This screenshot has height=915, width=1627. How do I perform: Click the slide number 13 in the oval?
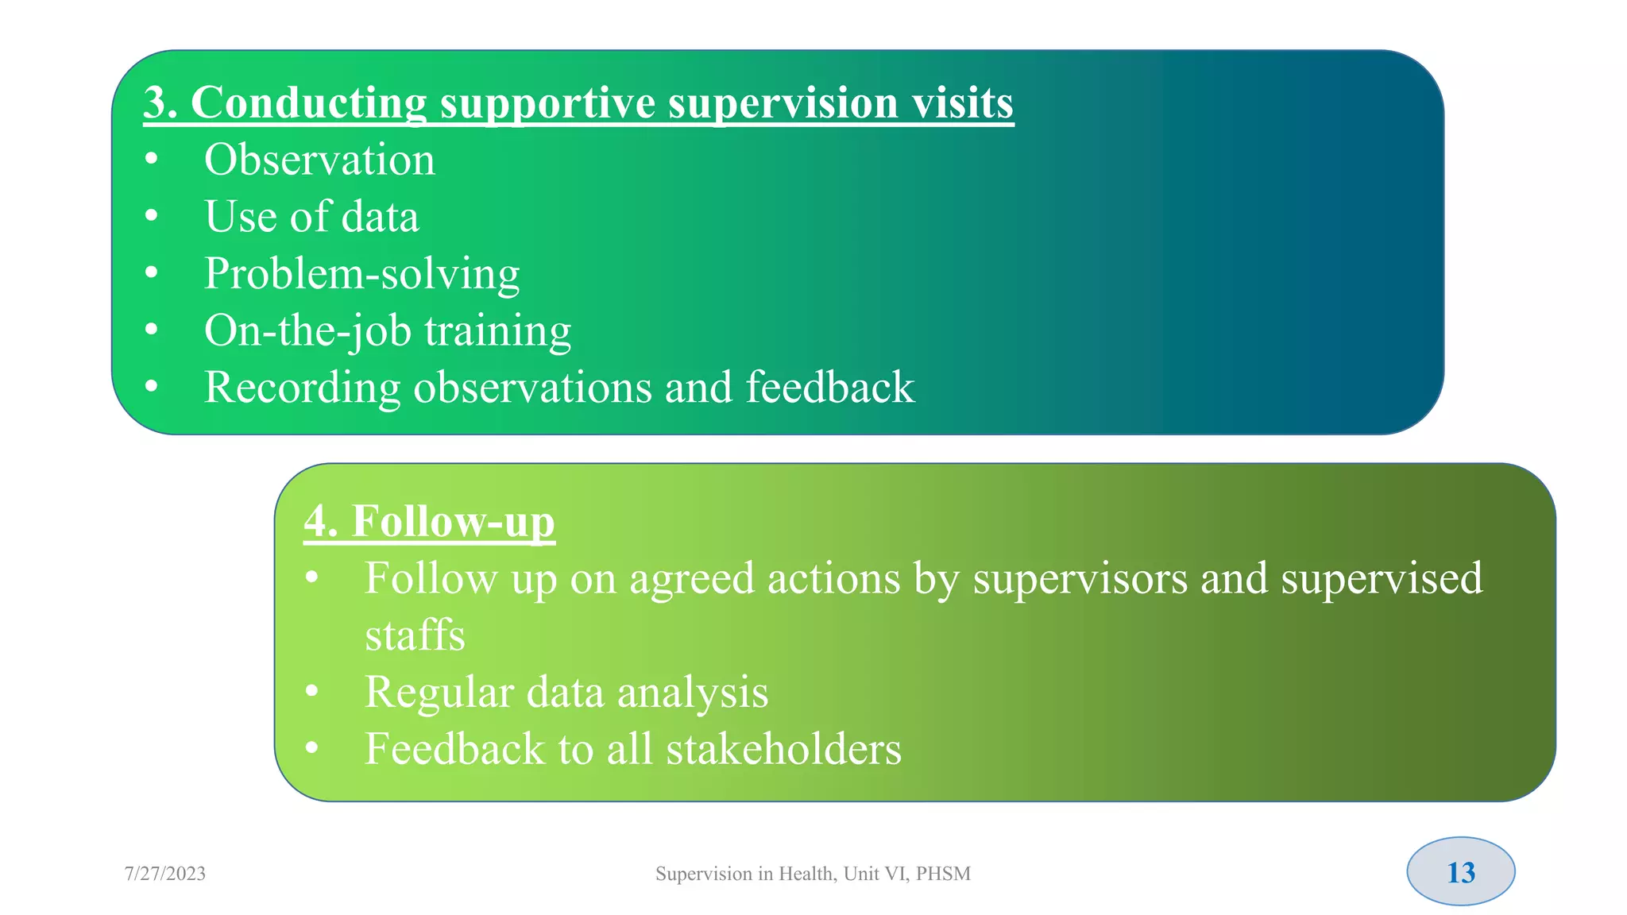click(1460, 872)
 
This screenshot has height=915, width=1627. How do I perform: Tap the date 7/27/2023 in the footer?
click(165, 874)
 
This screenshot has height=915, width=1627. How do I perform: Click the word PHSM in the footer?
click(943, 874)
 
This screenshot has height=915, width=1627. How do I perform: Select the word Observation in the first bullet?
click(319, 160)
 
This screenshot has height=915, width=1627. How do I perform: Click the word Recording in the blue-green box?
click(302, 388)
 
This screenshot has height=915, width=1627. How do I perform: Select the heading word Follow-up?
click(453, 522)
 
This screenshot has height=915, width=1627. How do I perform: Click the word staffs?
click(415, 635)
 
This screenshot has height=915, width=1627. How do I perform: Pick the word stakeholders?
click(783, 749)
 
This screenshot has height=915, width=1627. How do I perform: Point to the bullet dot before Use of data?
click(152, 216)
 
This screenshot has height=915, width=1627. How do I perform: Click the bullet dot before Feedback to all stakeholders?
click(312, 747)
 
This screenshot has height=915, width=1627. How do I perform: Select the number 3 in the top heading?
click(155, 103)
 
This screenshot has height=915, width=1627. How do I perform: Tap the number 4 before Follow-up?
click(316, 522)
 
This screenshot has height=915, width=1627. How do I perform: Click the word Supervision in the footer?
click(703, 874)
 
